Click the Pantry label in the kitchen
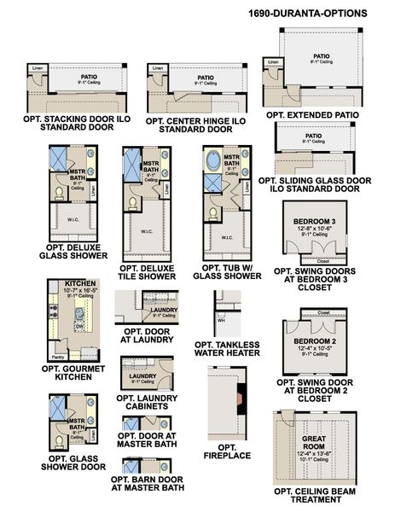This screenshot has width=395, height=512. coord(58,358)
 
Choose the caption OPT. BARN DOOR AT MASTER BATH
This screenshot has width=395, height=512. coord(147,484)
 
